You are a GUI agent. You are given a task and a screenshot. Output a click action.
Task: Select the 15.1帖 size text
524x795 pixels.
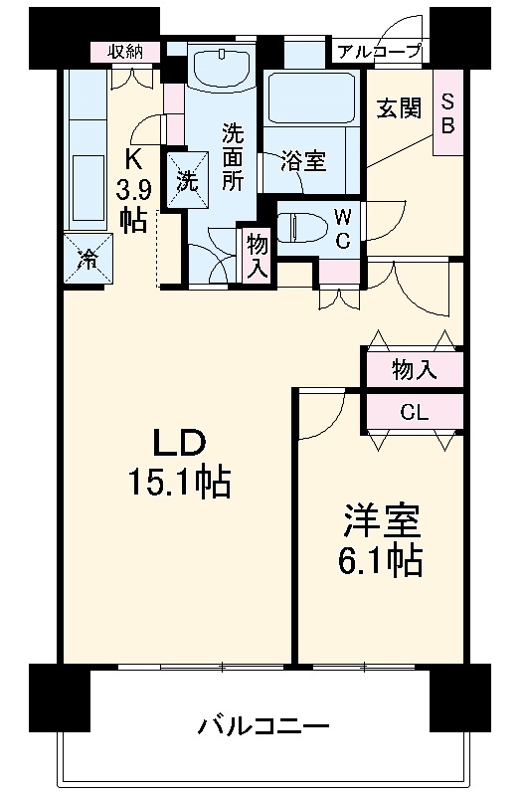coord(178,484)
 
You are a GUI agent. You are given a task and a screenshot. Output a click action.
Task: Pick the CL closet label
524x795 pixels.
coord(414,411)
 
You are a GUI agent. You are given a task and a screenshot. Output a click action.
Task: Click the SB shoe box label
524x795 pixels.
coord(447,112)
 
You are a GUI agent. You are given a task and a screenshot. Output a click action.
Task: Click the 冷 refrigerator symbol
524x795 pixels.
coord(87,260)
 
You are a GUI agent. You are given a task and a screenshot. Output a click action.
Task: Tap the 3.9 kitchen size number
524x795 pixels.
coord(133,188)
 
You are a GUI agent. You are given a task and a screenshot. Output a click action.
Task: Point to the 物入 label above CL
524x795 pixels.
coord(414,370)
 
